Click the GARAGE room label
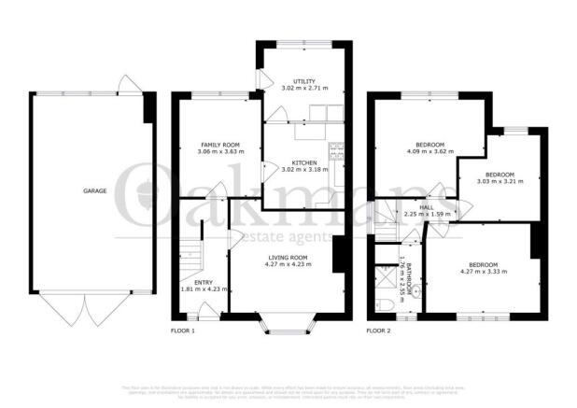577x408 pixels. pyautogui.click(x=94, y=190)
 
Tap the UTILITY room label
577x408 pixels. pyautogui.click(x=304, y=82)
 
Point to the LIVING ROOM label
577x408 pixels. pyautogui.click(x=288, y=259)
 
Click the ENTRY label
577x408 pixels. pyautogui.click(x=203, y=283)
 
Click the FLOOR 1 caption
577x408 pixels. pyautogui.click(x=182, y=331)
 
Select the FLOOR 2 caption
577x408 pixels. pyautogui.click(x=378, y=331)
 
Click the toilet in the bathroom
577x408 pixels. pyautogui.click(x=385, y=305)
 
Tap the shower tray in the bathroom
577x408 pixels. pyautogui.click(x=385, y=277)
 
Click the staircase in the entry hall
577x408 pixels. pyautogui.click(x=190, y=252)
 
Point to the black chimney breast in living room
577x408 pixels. pyautogui.click(x=337, y=254)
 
